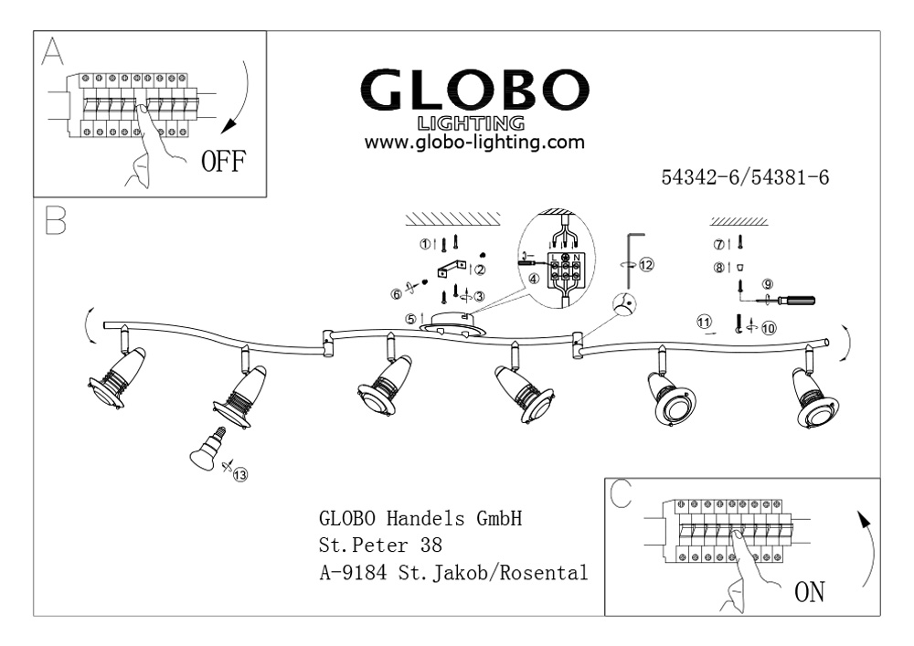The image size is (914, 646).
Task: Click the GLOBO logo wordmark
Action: (472, 90)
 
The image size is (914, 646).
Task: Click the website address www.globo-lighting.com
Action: (473, 143)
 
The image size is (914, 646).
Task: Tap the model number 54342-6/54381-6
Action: (744, 178)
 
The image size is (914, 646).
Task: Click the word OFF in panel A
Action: (223, 163)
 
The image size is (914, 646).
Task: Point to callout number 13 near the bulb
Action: (240, 473)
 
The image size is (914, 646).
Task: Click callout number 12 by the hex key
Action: (647, 265)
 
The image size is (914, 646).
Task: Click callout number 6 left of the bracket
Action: (396, 293)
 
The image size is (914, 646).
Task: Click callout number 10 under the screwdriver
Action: (767, 326)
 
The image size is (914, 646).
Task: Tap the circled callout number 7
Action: (719, 244)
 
